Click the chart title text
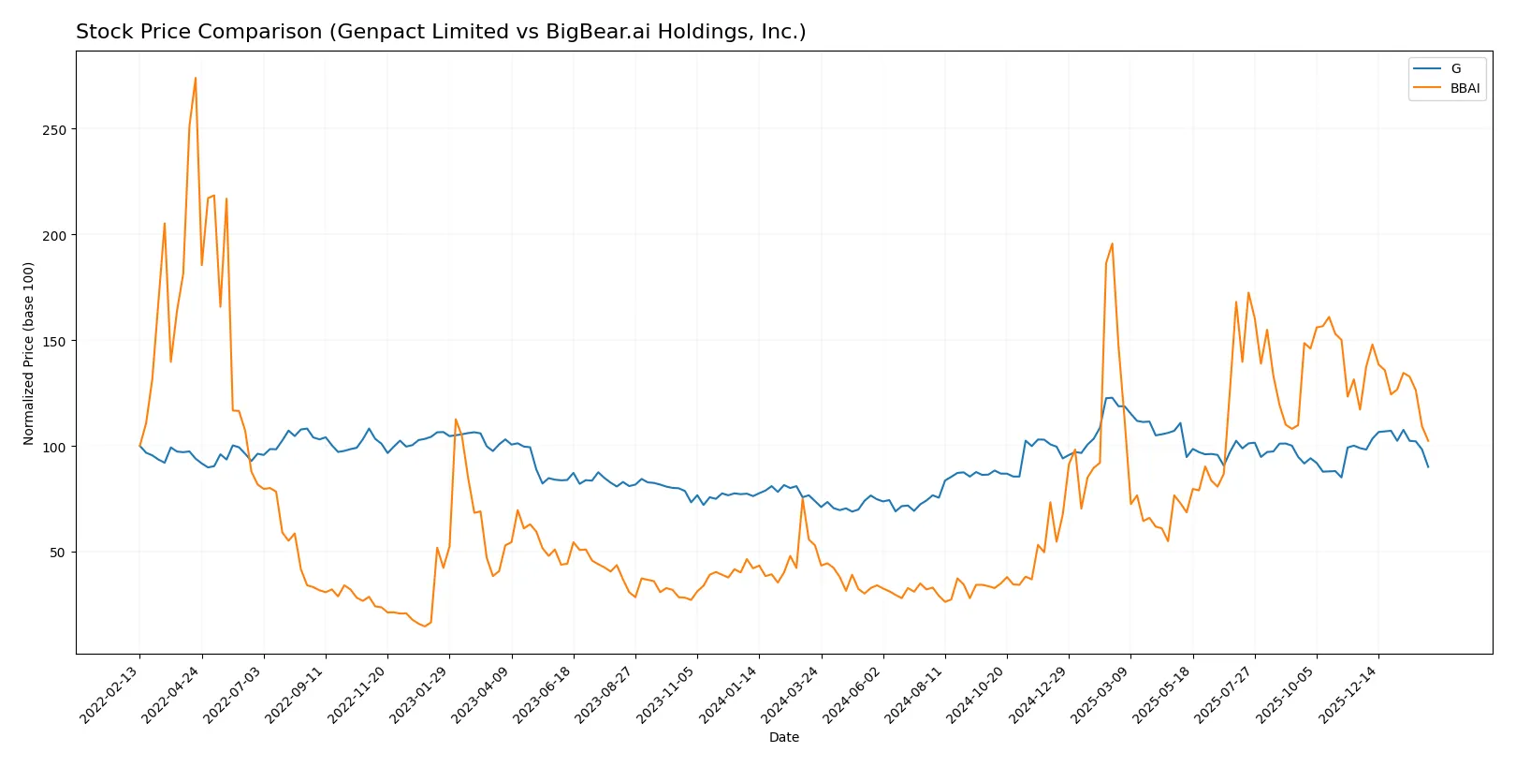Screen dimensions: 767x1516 point(441,32)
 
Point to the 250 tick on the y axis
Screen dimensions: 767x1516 point(54,130)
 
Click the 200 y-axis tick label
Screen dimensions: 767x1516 point(54,236)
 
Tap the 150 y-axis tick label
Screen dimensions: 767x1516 point(54,342)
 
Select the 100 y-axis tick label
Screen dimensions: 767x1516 point(54,448)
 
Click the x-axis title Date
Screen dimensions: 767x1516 point(784,737)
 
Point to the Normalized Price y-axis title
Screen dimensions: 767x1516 point(28,353)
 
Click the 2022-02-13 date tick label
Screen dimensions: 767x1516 point(110,695)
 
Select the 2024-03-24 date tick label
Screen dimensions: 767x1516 point(792,695)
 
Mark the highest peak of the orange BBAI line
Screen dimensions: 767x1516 point(196,78)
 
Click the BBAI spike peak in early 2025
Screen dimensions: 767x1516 point(1112,244)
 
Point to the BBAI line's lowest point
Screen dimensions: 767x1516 point(424,626)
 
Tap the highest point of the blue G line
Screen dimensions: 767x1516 point(1110,398)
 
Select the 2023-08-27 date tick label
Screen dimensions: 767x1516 point(605,695)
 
